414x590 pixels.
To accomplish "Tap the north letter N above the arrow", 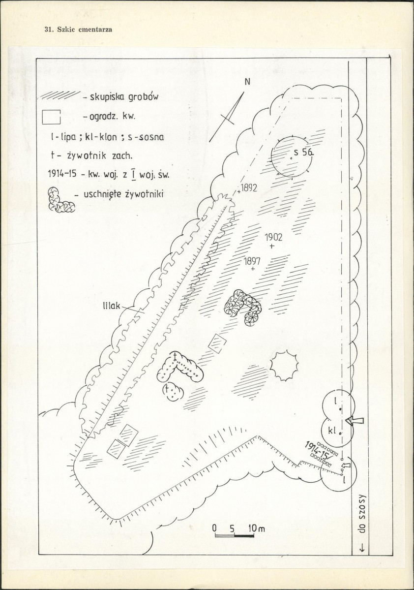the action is (247, 83).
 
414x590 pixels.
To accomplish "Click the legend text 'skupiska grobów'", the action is (124, 97).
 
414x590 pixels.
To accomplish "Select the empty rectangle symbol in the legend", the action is (52, 117).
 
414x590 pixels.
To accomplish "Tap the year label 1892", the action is (248, 188).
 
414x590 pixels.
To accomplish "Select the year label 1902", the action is (273, 238).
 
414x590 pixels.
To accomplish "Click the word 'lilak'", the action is (111, 306).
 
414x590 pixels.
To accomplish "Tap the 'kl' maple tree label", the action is (332, 431).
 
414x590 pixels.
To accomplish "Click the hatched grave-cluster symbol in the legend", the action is (61, 96).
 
